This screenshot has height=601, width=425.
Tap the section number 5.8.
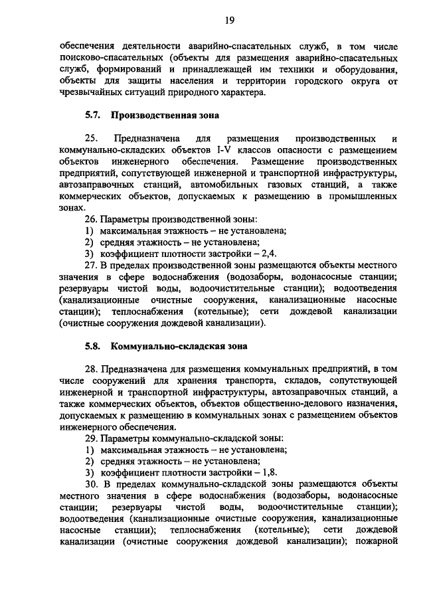92,346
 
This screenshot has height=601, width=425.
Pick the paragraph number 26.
90,219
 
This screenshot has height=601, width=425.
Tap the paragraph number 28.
90,369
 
